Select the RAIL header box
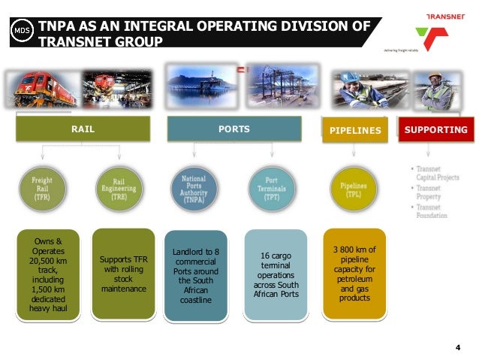[x=83, y=130]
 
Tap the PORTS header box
[x=233, y=130]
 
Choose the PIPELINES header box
[x=354, y=131]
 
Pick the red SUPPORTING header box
[x=435, y=130]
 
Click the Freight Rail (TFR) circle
[x=41, y=186]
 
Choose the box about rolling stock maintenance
[x=121, y=274]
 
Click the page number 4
[x=458, y=346]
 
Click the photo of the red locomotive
[x=43, y=89]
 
